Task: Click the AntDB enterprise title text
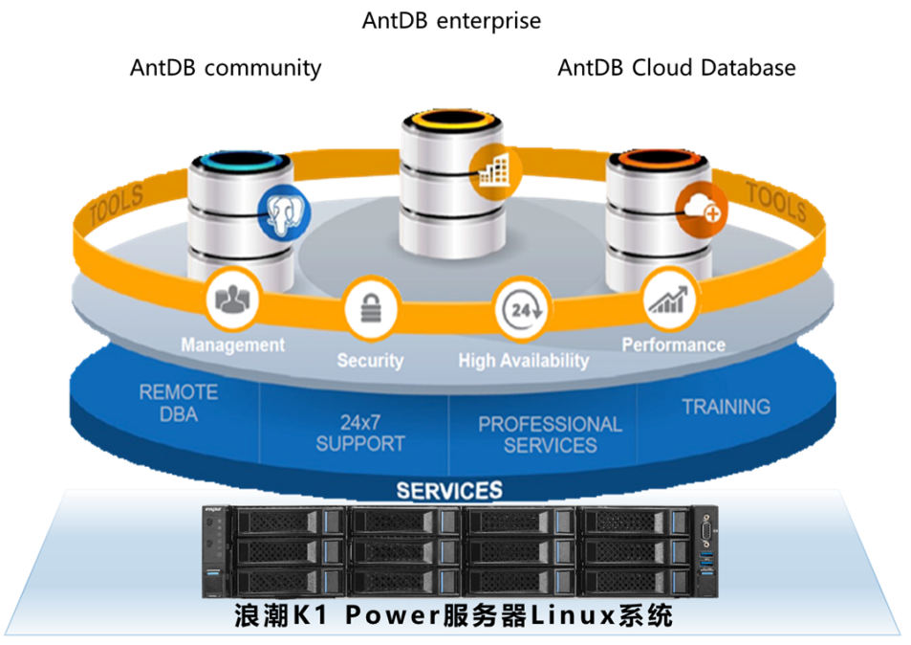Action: pyautogui.click(x=451, y=20)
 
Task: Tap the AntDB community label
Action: pyautogui.click(x=226, y=68)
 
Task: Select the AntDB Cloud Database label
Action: pyautogui.click(x=676, y=68)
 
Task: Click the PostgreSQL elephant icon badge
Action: pyautogui.click(x=285, y=213)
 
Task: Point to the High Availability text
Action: pyautogui.click(x=524, y=361)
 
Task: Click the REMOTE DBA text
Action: pyautogui.click(x=179, y=403)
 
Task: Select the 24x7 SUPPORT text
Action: pyautogui.click(x=360, y=433)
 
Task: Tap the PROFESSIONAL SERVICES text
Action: pyautogui.click(x=550, y=434)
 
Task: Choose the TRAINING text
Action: pyautogui.click(x=726, y=407)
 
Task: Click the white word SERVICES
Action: pyautogui.click(x=449, y=491)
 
